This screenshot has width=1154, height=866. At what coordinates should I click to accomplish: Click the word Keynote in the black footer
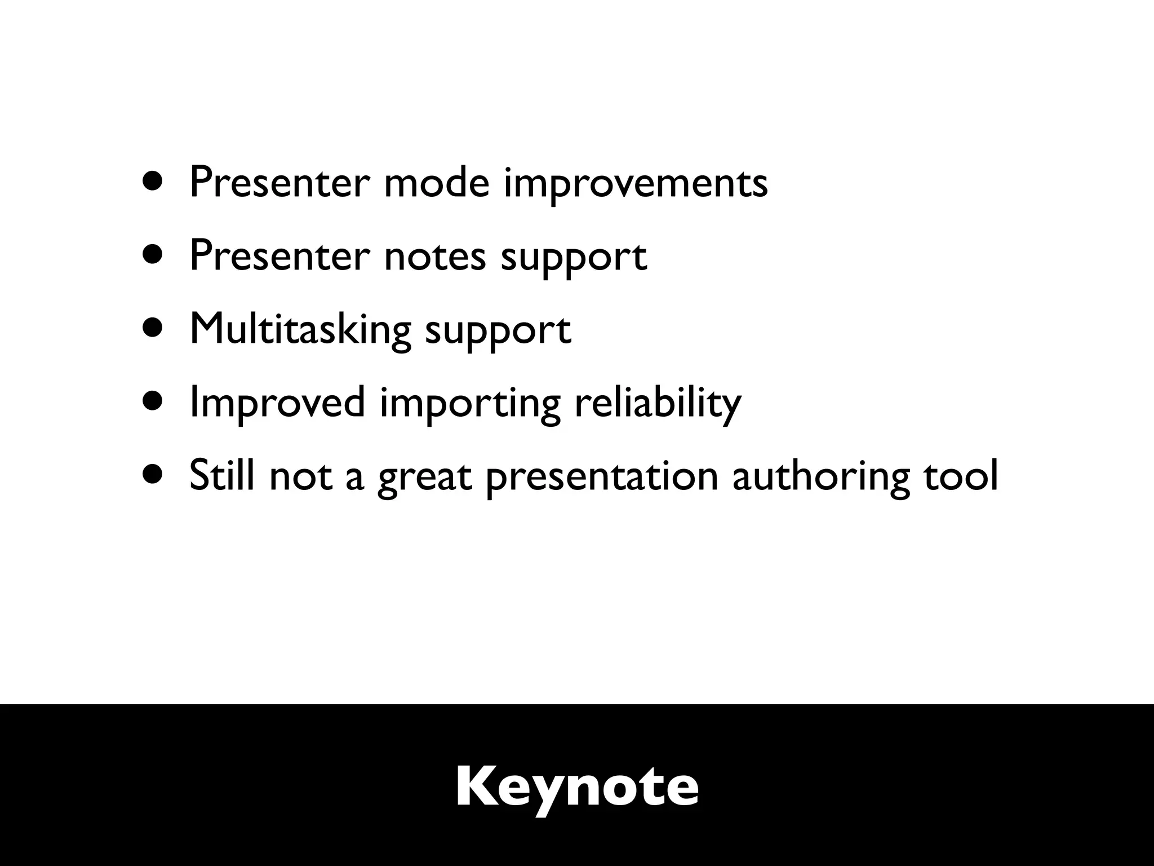click(x=577, y=788)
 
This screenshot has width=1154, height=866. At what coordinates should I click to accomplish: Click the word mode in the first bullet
click(x=437, y=183)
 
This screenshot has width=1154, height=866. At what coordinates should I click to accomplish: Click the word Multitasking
click(x=300, y=329)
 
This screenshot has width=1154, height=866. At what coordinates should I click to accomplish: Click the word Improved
click(x=277, y=404)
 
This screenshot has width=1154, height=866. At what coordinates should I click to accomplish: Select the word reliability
click(x=658, y=404)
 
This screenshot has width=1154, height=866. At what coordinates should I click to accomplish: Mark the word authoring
click(x=820, y=477)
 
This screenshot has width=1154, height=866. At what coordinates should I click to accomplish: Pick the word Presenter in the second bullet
click(x=279, y=256)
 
